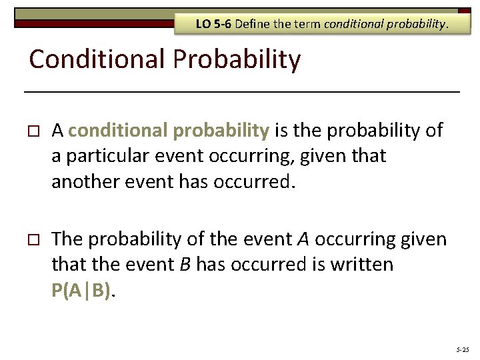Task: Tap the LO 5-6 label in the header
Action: (x=212, y=25)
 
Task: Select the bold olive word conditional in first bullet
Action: (x=110, y=131)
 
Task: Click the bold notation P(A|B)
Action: (x=81, y=291)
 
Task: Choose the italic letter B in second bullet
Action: (x=185, y=265)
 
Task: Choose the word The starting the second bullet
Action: (x=68, y=239)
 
